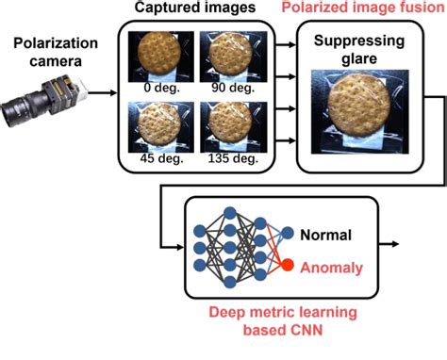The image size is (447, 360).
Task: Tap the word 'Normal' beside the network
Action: (327, 236)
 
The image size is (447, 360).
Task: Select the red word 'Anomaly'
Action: (331, 268)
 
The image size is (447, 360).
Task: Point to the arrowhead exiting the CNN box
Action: (394, 245)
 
